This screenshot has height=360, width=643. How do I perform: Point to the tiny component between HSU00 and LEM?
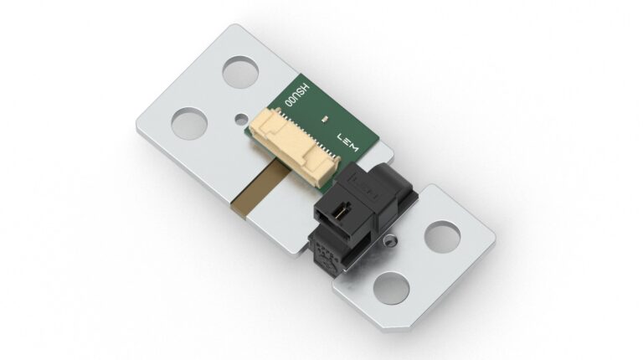point(325,123)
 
